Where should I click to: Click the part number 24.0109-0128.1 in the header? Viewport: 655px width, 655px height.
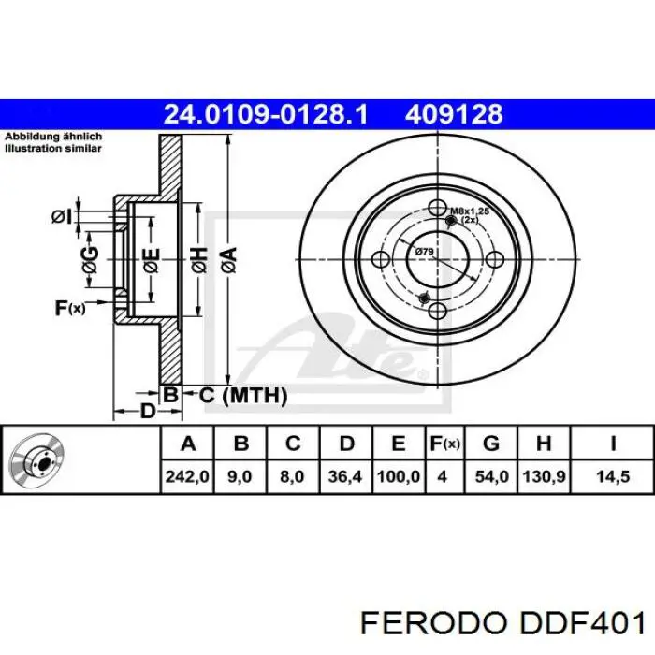coord(266,114)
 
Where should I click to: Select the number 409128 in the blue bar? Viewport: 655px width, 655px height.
coord(454,114)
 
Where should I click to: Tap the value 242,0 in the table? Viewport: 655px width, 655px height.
coord(187,476)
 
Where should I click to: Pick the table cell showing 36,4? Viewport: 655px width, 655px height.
coord(345,476)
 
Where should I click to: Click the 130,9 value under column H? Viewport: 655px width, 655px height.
coord(544,476)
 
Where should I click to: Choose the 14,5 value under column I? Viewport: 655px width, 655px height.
coord(612,476)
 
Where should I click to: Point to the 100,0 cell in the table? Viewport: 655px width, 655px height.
coord(398,476)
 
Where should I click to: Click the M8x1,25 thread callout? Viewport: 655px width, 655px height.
coord(470,213)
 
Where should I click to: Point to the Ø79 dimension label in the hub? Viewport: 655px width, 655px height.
coord(423,251)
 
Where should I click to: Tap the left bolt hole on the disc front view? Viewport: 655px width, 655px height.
coord(382,259)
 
